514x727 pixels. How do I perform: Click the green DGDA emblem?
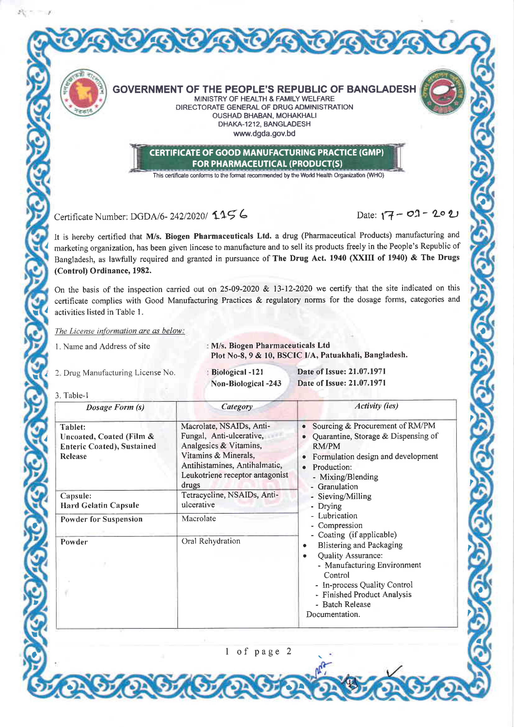click(x=442, y=92)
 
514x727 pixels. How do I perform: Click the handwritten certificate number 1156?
click(x=230, y=215)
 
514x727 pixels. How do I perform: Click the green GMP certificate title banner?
click(x=267, y=158)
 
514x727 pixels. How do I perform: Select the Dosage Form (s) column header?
click(x=115, y=407)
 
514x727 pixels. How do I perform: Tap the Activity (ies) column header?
click(x=376, y=406)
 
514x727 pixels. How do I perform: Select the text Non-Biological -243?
click(x=246, y=384)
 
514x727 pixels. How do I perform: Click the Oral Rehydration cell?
click(x=211, y=541)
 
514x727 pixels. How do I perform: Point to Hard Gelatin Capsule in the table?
click(x=100, y=505)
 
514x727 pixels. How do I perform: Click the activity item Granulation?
click(x=337, y=487)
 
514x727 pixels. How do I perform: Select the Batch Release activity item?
click(x=346, y=604)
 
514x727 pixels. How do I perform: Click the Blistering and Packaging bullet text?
click(x=360, y=545)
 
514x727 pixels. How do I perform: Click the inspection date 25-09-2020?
click(x=240, y=289)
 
